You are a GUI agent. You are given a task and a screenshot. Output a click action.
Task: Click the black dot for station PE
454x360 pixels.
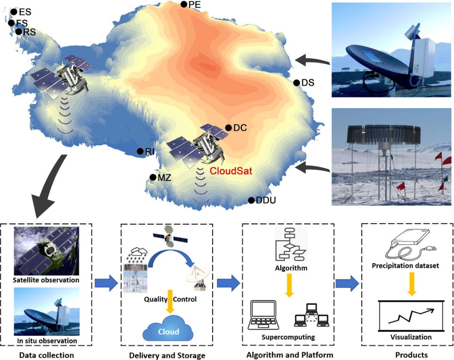click(x=184, y=5)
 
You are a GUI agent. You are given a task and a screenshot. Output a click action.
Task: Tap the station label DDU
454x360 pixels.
click(x=266, y=200)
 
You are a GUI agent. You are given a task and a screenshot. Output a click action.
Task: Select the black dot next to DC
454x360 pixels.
click(x=228, y=128)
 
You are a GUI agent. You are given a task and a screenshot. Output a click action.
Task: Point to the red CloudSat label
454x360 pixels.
click(x=231, y=171)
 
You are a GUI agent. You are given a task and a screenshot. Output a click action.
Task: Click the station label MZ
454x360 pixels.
click(x=164, y=178)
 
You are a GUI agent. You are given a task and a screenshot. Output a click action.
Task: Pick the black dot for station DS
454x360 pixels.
click(x=297, y=83)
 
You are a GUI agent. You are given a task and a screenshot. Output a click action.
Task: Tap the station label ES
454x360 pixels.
click(x=25, y=12)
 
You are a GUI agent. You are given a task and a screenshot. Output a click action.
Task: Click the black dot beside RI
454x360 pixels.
click(x=140, y=151)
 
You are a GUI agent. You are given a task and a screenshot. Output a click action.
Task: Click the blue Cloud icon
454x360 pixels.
click(x=168, y=328)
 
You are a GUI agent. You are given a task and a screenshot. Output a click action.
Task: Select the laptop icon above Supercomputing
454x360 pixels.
click(x=264, y=315)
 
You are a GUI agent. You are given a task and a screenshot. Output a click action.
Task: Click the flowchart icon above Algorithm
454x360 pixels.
click(x=291, y=245)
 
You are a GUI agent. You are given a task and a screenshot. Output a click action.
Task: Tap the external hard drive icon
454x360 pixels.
click(x=411, y=245)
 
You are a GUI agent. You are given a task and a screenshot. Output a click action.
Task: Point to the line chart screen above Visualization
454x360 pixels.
click(x=411, y=316)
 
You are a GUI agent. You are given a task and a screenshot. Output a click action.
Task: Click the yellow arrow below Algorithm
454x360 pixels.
click(x=289, y=285)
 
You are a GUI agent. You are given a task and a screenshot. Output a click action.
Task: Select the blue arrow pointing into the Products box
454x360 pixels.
click(x=347, y=283)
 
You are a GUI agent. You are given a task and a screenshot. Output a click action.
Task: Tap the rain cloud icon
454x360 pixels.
click(x=136, y=255)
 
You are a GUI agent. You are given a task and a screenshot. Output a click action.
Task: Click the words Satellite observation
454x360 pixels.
click(x=46, y=280)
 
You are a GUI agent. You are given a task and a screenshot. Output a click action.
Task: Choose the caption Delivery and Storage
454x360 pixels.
click(x=167, y=355)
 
